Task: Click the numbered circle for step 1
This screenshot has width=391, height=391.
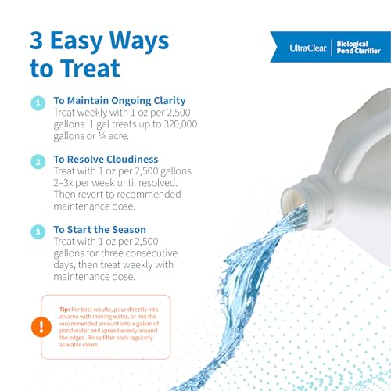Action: point(38,103)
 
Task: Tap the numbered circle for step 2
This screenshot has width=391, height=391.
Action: point(38,162)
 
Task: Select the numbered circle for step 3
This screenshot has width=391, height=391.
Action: point(38,232)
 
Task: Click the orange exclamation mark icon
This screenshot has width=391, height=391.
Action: point(41,327)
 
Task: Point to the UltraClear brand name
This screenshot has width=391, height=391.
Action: point(308,48)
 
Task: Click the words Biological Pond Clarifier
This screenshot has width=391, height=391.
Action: point(358,48)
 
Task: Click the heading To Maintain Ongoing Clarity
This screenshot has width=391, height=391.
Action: point(120,101)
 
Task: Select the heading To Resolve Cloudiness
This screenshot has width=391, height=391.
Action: point(106,159)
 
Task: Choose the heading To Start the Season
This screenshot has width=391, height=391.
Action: point(100,229)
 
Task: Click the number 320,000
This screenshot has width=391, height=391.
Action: point(181,124)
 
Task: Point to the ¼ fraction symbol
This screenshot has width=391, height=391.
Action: point(102,136)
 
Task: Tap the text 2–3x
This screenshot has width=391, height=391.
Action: point(63,183)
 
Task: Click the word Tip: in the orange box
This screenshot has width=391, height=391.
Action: point(65,310)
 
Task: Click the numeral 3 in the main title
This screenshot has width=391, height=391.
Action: point(36,41)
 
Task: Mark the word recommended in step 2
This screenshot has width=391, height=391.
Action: point(149,195)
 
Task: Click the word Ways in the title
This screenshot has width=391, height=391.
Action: point(139,41)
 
